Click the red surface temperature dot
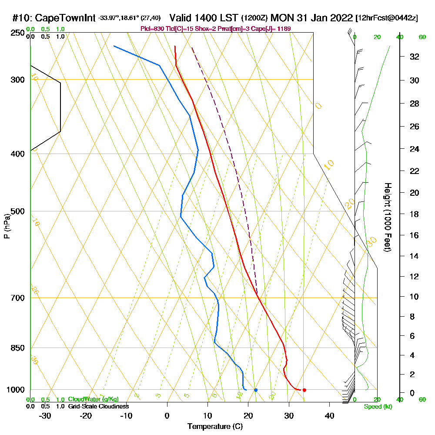tap(304, 390)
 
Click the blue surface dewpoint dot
tap(256, 390)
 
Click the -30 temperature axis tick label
tap(45, 415)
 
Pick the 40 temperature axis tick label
tap(329, 415)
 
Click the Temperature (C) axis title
tap(215, 426)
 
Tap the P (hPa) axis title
tap(7, 226)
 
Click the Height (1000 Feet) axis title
tap(387, 217)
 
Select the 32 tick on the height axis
tap(414, 57)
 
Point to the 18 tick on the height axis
tap(414, 214)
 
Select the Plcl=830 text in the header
tap(152, 29)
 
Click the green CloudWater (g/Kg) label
tap(93, 399)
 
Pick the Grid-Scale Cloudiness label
tap(98, 406)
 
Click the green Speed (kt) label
tap(376, 407)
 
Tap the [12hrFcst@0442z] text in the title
tap(387, 18)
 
